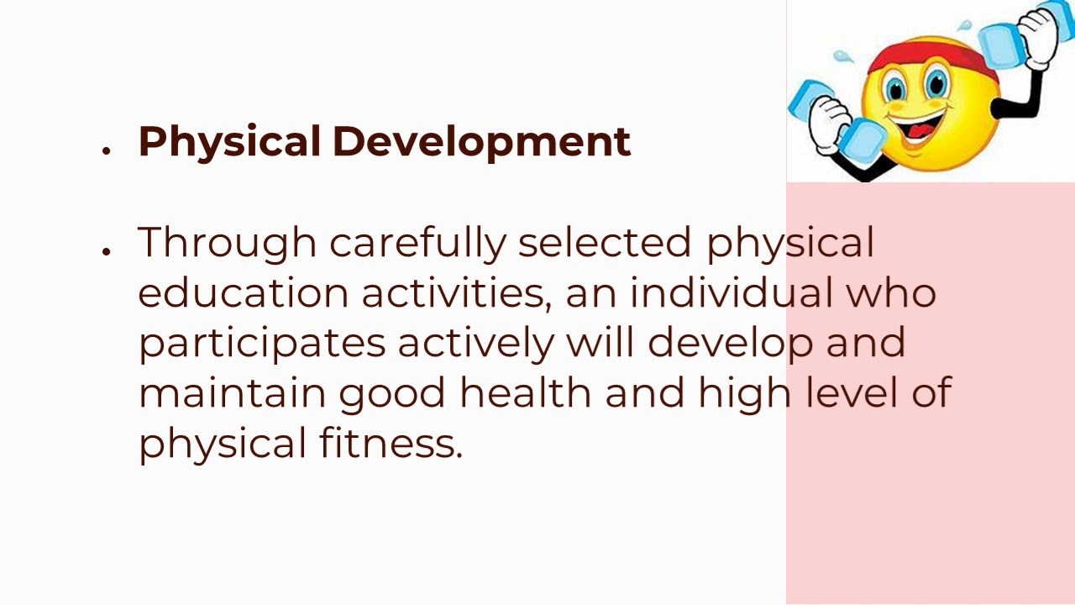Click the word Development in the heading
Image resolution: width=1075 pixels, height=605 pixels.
(481, 142)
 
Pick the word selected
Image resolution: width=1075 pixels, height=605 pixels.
(604, 243)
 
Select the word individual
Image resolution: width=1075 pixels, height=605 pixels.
(731, 293)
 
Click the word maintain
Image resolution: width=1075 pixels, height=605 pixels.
(232, 392)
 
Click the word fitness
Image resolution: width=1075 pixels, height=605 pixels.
(391, 443)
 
